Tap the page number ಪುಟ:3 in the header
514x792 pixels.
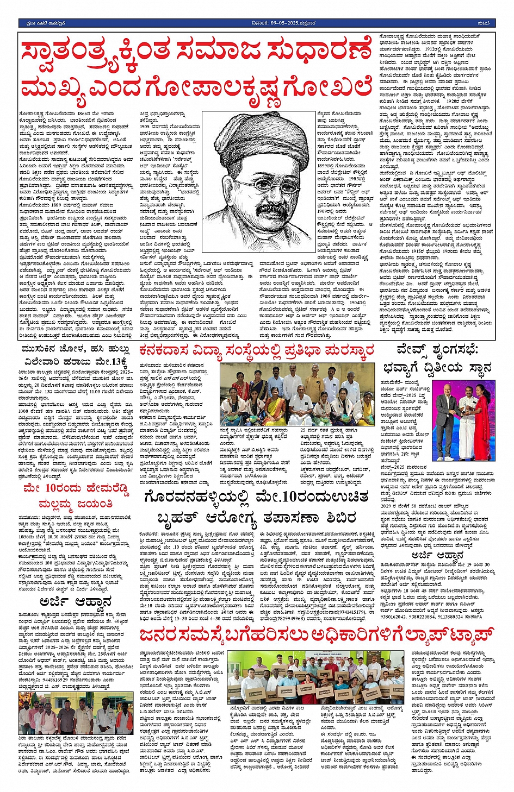[484, 23]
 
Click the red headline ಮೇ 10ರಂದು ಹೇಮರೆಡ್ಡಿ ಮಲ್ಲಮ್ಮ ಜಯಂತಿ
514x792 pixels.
[76, 495]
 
